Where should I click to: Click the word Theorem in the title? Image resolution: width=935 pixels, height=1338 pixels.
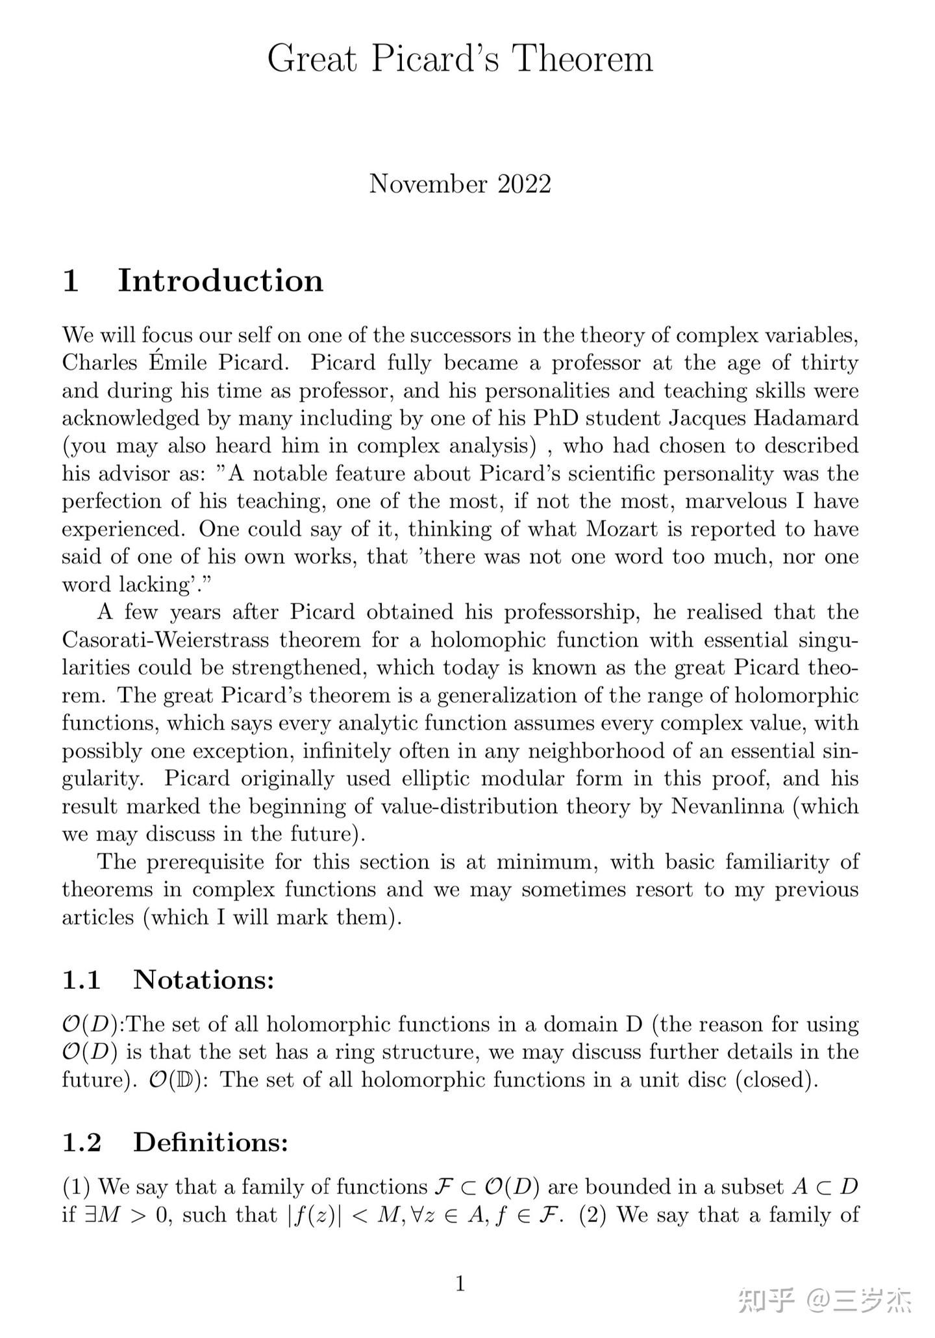coord(582,59)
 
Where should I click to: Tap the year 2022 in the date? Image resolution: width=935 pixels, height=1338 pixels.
coord(525,184)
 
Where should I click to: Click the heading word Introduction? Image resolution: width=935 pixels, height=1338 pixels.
coord(220,281)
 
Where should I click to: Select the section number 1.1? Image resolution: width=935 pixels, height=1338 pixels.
coord(82,980)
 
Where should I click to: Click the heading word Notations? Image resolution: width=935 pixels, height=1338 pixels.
coord(204,980)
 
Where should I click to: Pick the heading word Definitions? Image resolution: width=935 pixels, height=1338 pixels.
coord(210,1143)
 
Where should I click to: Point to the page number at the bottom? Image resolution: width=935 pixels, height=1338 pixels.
coord(460,1283)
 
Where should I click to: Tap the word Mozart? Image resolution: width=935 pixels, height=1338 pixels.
coord(622,529)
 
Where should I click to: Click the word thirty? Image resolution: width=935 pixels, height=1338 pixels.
coord(829,363)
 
